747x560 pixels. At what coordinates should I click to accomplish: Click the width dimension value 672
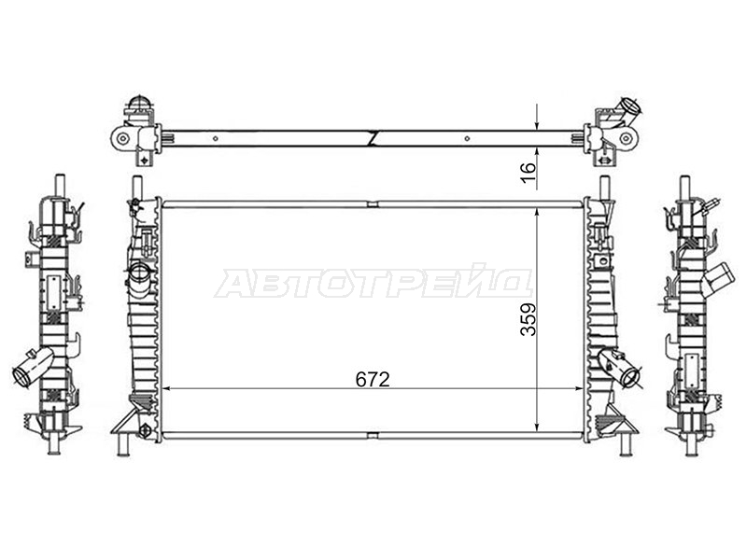373,379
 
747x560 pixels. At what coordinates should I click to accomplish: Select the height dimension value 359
529,319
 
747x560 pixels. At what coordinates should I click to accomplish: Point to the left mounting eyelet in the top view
123,138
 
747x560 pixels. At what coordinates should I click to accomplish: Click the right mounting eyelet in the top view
626,138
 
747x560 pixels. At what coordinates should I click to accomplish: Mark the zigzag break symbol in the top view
373,138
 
